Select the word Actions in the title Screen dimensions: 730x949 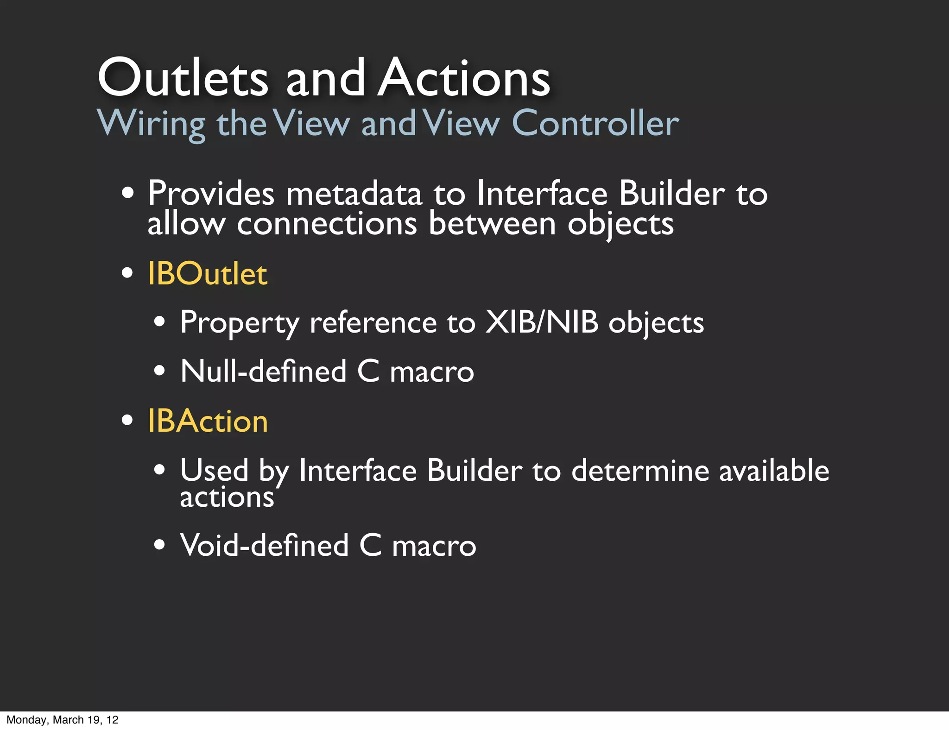(464, 78)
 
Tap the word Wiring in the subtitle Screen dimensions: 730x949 (151, 123)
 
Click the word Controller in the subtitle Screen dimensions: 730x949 (595, 123)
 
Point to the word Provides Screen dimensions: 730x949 (211, 194)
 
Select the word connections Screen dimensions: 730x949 (327, 224)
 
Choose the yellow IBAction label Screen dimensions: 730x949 (208, 421)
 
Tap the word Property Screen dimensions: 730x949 (240, 323)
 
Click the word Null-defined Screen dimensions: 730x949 (263, 371)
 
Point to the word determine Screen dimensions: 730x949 (640, 471)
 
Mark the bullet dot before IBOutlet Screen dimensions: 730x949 (127, 273)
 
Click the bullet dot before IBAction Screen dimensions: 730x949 (127, 421)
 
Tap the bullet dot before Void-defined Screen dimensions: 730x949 (159, 545)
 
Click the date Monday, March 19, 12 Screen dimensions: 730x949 (63, 720)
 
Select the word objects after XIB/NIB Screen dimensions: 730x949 (656, 323)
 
